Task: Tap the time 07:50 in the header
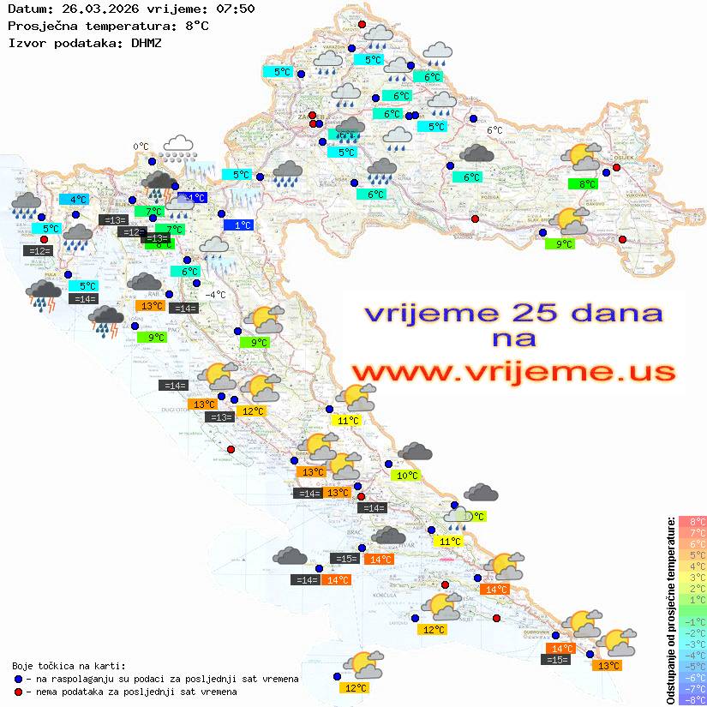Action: [235, 9]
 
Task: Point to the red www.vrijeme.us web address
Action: [513, 372]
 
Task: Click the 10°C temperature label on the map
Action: [405, 476]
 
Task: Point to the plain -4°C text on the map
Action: [214, 295]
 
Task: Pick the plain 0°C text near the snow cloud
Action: [141, 147]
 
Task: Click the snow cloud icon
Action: [178, 147]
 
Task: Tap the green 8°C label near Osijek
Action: [586, 184]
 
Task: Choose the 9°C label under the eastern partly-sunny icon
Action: [563, 244]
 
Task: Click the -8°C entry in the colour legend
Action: [692, 699]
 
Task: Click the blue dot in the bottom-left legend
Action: [18, 678]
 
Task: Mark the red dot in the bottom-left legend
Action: [18, 691]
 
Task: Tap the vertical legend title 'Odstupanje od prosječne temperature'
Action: [670, 610]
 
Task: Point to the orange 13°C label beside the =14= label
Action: [153, 306]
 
